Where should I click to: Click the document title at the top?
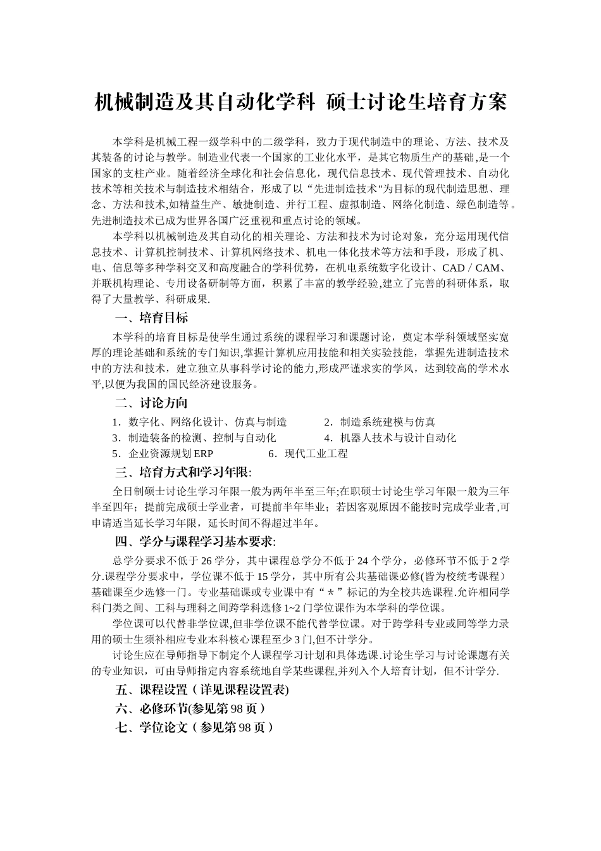(300, 103)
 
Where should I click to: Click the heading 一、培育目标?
(151, 317)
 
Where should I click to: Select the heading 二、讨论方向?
(151, 403)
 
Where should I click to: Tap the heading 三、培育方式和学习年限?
(183, 472)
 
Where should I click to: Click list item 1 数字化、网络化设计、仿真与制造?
(200, 422)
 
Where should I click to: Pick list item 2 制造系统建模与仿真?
(380, 422)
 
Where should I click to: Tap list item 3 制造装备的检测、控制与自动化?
(194, 438)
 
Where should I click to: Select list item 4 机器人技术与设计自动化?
(390, 438)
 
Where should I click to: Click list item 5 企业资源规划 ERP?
(163, 453)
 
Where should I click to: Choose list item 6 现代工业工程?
(308, 453)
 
